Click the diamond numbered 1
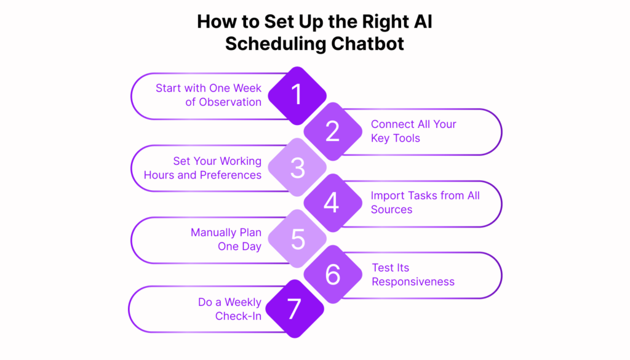[x=297, y=95]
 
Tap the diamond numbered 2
[x=333, y=131]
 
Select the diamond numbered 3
[x=297, y=167]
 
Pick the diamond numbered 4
[x=333, y=203]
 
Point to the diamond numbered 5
[x=297, y=239]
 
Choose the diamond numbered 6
[x=333, y=274]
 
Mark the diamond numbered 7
[x=295, y=309]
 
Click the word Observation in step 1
[x=230, y=102]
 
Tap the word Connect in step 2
[x=391, y=124]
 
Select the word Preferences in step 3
[x=231, y=175]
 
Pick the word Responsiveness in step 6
[x=413, y=282]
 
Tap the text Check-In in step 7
[x=238, y=316]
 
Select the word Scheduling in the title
[x=275, y=44]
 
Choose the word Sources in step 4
[x=392, y=210]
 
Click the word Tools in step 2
[x=407, y=138]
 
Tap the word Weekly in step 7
[x=242, y=302]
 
